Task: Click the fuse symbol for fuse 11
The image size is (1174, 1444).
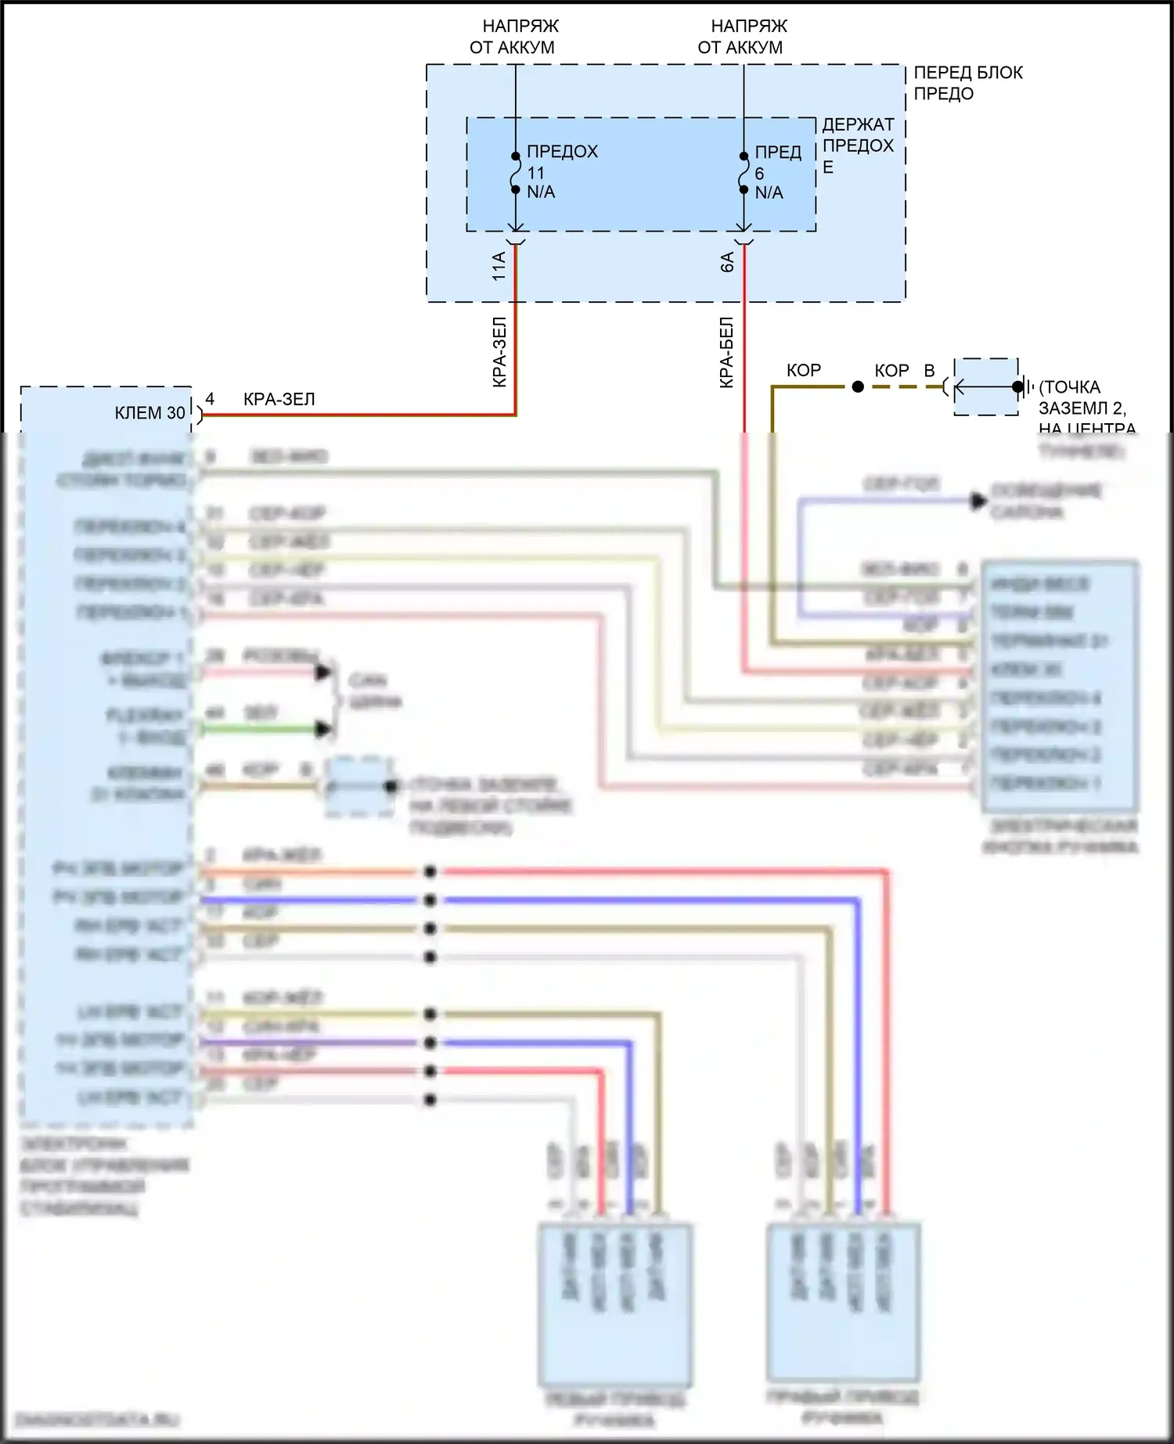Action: pyautogui.click(x=515, y=172)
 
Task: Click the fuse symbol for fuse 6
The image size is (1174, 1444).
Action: pyautogui.click(x=744, y=172)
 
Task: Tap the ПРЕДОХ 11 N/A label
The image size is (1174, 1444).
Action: pyautogui.click(x=561, y=171)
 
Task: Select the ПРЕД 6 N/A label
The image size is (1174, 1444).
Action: pyautogui.click(x=777, y=172)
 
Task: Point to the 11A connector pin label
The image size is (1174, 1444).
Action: pyautogui.click(x=499, y=267)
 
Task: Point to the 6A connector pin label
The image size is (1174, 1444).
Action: pyautogui.click(x=727, y=262)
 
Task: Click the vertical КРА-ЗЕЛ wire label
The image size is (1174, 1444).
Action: pyautogui.click(x=500, y=352)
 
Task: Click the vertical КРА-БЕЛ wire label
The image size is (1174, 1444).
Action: pyautogui.click(x=727, y=352)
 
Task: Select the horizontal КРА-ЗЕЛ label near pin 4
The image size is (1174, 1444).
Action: pyautogui.click(x=279, y=400)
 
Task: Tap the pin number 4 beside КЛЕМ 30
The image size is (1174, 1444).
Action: pyautogui.click(x=210, y=399)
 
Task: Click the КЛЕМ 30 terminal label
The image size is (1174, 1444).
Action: pyautogui.click(x=150, y=413)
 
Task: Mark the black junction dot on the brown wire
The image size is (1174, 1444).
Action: pyautogui.click(x=858, y=387)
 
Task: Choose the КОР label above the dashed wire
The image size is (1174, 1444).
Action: pyautogui.click(x=891, y=371)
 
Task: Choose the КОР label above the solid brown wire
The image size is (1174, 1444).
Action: pyautogui.click(x=804, y=371)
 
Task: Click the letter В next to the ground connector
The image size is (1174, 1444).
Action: pyautogui.click(x=929, y=371)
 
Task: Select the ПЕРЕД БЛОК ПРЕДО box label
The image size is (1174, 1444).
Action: pyautogui.click(x=968, y=83)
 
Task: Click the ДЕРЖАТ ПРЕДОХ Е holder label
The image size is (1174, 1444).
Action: pyautogui.click(x=857, y=145)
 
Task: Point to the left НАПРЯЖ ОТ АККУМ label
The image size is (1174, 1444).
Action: pyautogui.click(x=513, y=37)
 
